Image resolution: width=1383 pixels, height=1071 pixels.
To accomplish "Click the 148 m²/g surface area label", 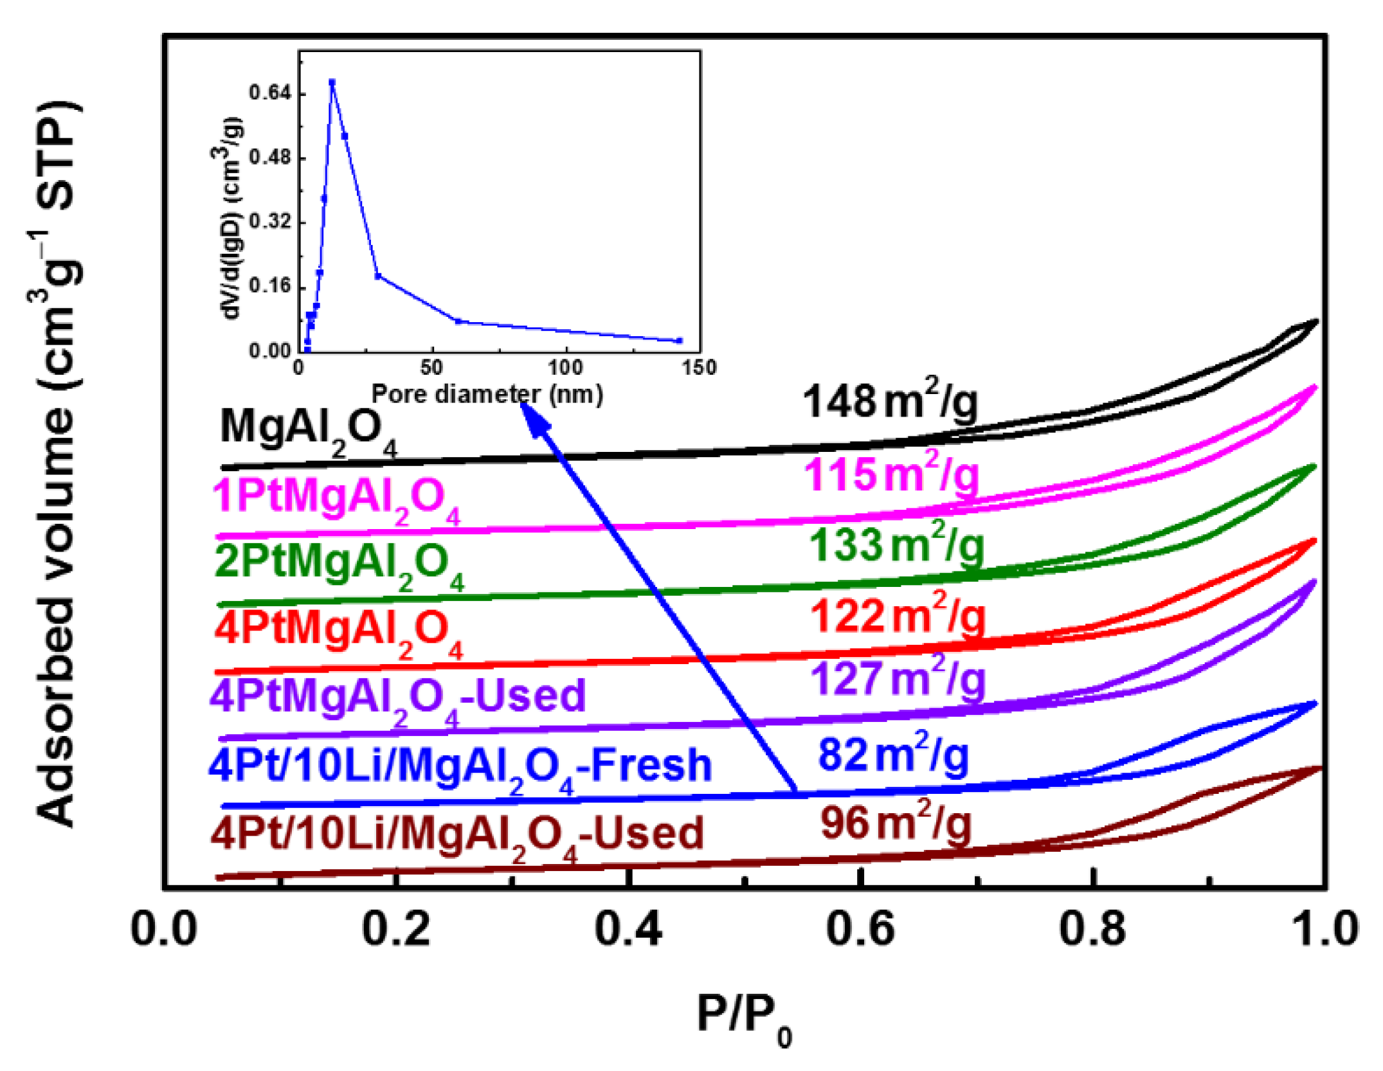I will click(890, 402).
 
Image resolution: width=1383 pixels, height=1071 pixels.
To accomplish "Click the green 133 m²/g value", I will click(895, 546).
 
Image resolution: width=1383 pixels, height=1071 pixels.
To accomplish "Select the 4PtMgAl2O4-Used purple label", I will click(397, 697).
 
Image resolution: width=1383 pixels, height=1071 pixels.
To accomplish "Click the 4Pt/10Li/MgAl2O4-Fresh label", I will click(460, 767).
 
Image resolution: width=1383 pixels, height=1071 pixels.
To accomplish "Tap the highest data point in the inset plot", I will click(332, 82).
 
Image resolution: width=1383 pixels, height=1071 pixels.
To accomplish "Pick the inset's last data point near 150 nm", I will click(680, 341).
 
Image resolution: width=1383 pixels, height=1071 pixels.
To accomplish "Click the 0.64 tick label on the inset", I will click(270, 93).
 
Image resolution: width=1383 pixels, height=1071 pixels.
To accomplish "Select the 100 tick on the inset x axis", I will click(565, 368).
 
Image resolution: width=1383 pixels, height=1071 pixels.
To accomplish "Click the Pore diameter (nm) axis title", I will click(487, 393).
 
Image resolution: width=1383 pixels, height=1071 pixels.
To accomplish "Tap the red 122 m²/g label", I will click(898, 616).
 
